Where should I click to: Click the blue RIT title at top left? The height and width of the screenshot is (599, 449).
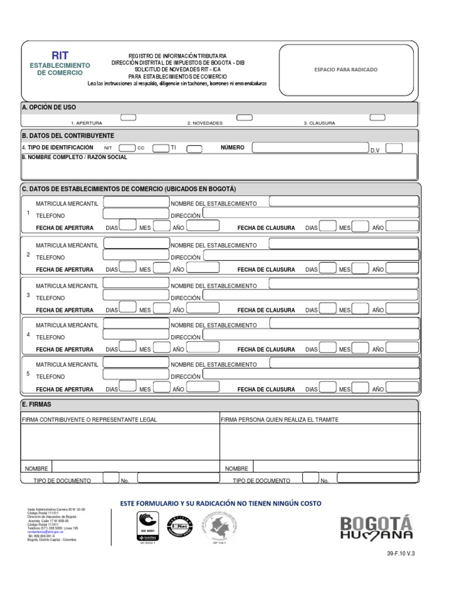coord(60,56)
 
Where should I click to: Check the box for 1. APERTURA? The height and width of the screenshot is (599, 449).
coord(128,118)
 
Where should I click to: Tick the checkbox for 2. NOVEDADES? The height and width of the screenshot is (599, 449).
coord(244,118)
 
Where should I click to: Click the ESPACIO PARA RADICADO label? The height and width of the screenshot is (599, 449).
coord(346,70)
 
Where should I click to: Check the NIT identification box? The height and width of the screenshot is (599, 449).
coord(127,149)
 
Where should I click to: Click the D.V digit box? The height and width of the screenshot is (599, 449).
coord(394,148)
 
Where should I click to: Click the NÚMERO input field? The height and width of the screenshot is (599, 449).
coord(310,148)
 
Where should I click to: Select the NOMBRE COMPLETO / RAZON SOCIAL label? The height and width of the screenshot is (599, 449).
coord(74,157)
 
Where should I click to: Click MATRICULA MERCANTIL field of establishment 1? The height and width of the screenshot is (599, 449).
coord(135,202)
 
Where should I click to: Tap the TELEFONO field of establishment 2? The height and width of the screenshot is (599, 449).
coord(135,255)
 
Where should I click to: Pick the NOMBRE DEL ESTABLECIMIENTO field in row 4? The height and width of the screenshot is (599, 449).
coord(344,323)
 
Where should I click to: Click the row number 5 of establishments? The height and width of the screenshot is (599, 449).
coord(27,373)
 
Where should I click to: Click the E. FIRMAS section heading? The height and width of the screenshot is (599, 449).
coord(36,404)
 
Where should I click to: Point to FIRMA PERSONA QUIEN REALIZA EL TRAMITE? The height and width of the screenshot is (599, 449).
coord(280,419)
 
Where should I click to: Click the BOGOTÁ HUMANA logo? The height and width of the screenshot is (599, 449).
coord(377,527)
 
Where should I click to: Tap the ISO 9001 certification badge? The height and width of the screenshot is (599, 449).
coord(147,525)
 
